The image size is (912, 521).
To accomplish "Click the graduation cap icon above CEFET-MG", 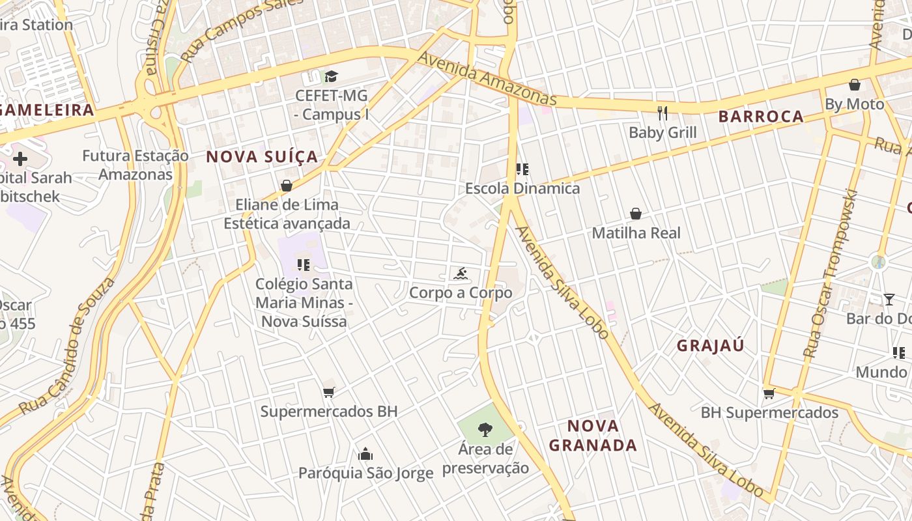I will point(331,76).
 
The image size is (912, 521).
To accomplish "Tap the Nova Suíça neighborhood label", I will point(262,157).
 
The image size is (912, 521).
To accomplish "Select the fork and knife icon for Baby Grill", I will point(663,113).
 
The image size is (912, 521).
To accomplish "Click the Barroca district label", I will point(761,117).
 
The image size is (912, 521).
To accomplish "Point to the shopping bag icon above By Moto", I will point(855,85).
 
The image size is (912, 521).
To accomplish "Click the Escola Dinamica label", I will point(522,189).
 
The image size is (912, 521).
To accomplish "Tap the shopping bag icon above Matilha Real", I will point(636,214).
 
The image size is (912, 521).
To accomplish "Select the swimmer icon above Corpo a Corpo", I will point(461,274).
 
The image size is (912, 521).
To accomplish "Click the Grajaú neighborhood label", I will point(710,345).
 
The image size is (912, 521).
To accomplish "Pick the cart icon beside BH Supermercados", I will point(769,393).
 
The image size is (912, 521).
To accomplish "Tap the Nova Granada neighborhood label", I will point(593,436).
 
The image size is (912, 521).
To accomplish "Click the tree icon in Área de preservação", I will point(485,429).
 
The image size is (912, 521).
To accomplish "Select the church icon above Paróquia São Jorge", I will point(365,453).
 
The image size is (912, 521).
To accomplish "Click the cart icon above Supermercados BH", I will point(328,392).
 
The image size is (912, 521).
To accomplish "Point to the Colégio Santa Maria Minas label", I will point(304,303).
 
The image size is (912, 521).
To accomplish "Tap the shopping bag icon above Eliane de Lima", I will point(286,186).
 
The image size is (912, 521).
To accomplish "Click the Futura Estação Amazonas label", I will point(135,165).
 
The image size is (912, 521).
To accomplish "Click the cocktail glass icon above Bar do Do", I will point(889,300).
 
